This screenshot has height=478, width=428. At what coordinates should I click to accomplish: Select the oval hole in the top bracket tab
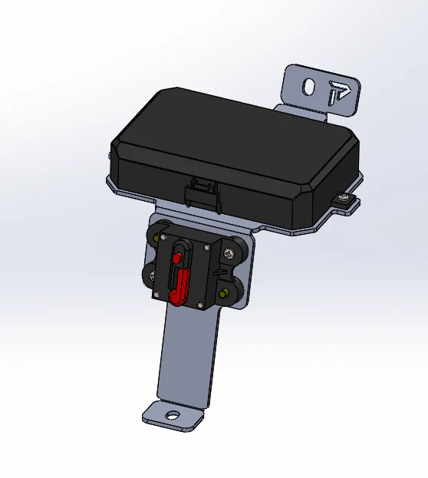pyautogui.click(x=308, y=87)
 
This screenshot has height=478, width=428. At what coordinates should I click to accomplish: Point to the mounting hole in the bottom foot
pyautogui.click(x=173, y=417)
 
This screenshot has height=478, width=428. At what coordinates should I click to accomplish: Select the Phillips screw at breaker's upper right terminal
pyautogui.click(x=229, y=252)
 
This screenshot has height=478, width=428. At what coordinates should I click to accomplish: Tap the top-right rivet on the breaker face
pyautogui.click(x=207, y=248)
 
